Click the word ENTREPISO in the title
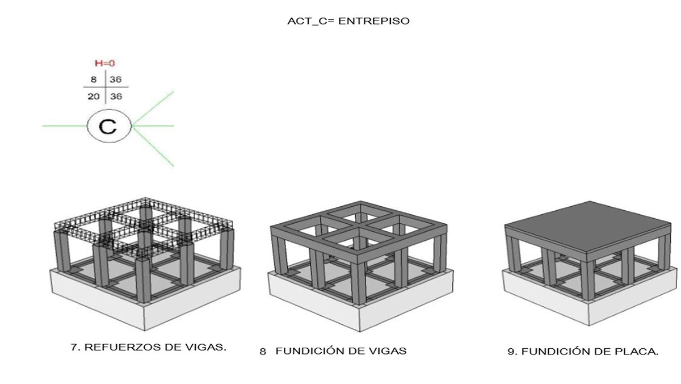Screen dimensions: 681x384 pos(378,22)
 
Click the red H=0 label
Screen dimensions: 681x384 pos(105,64)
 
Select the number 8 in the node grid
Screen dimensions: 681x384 pos(94,80)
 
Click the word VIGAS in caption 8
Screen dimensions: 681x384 pos(390,351)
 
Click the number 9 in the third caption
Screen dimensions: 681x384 pos(510,352)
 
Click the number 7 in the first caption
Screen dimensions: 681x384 pos(74,347)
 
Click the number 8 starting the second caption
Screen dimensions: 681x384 pos(263,351)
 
